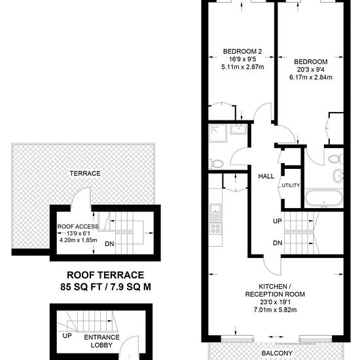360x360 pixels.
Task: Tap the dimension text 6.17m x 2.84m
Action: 311,77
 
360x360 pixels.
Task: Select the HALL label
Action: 266,176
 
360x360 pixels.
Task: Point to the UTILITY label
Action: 291,185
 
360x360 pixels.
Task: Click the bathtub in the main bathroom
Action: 324,198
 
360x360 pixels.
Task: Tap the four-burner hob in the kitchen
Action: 215,229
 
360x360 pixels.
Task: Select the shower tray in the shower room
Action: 218,133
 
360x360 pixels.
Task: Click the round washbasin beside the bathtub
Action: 338,176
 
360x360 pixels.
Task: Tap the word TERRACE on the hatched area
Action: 85,173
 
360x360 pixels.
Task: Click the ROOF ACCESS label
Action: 78,226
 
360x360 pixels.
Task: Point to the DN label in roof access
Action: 109,244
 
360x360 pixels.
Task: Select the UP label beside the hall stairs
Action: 278,221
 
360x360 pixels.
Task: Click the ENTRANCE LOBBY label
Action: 101,341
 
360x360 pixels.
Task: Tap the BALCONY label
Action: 277,353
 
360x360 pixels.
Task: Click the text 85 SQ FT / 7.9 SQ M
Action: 106,287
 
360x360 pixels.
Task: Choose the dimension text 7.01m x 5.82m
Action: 275,310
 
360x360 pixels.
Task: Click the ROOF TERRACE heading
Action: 105,275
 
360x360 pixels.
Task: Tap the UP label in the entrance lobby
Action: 67,336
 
